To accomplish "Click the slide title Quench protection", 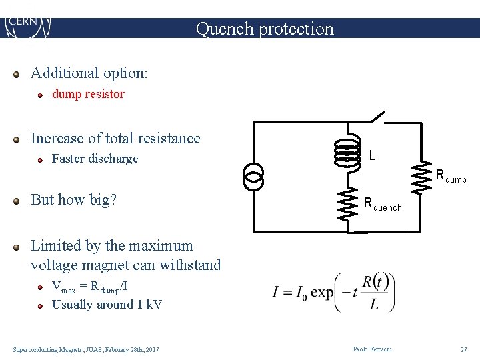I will pyautogui.click(x=265, y=29).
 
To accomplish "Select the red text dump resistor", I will pyautogui.click(x=88, y=94).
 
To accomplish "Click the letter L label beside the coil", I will pyautogui.click(x=372, y=155).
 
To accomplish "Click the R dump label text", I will pyautogui.click(x=450, y=177).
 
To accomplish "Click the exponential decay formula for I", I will pyautogui.click(x=333, y=292).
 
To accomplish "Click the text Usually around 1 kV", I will pyautogui.click(x=107, y=305).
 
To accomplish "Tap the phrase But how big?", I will pyautogui.click(x=73, y=200).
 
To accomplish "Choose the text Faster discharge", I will pyautogui.click(x=95, y=159).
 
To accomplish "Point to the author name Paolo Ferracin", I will pyautogui.click(x=373, y=349).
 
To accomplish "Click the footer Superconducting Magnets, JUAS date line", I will pyautogui.click(x=86, y=349).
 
